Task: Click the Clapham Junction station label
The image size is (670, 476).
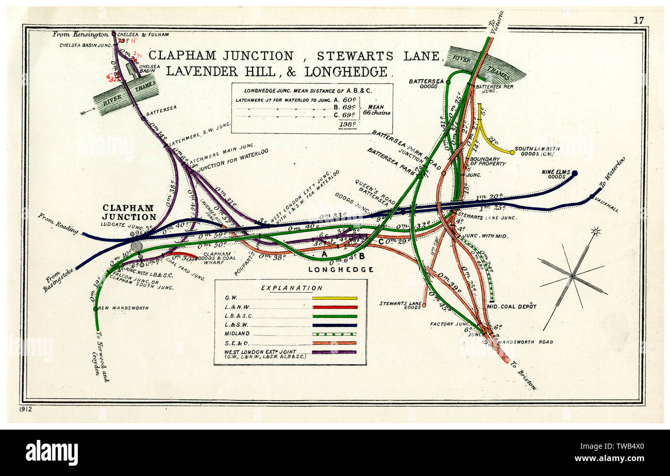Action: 128,212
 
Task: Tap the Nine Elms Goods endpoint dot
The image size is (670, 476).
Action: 574,174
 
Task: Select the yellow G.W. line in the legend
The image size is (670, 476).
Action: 334,298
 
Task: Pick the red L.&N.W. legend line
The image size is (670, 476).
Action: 334,307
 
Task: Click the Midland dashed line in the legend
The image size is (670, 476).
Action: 334,334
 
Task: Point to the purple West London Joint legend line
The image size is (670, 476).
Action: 334,352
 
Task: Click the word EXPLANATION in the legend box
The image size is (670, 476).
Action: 292,288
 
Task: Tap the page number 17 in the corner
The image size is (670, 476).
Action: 639,21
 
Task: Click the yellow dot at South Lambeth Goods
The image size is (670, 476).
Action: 512,152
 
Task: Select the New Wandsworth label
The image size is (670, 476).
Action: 123,308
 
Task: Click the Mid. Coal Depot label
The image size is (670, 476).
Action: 511,307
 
